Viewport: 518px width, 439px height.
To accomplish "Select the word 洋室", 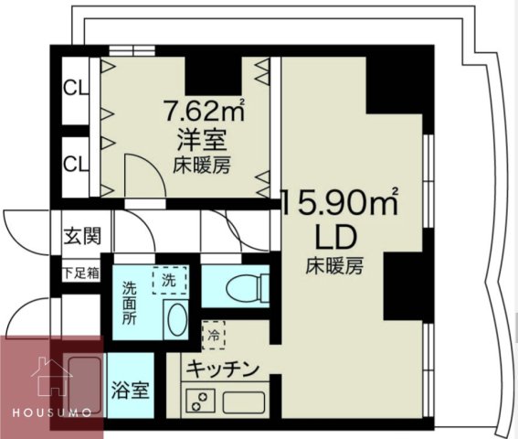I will [x=202, y=143].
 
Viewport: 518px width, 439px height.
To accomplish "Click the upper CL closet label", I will [x=75, y=89].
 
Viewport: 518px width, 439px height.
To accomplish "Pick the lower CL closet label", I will [x=75, y=165].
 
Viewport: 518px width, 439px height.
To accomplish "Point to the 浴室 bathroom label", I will [x=130, y=389].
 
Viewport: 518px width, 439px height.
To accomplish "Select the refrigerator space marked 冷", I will [x=212, y=334].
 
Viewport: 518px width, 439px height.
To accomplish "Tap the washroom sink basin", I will [x=176, y=322].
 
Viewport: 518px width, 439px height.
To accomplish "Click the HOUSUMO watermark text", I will [x=50, y=412].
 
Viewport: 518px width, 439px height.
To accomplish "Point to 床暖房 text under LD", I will [x=335, y=267].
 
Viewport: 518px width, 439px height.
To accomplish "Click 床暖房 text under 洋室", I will [x=202, y=166].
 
